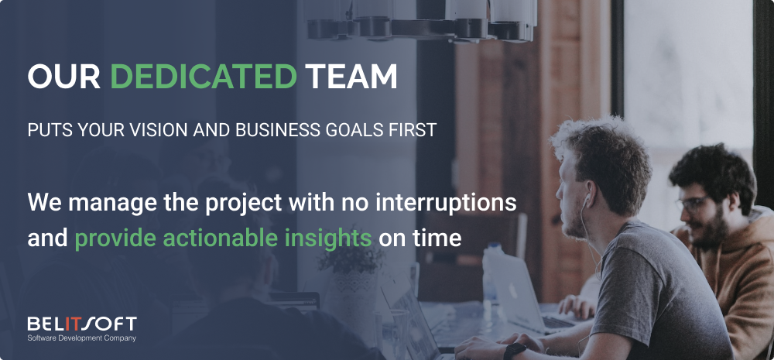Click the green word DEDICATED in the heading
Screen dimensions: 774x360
(204, 77)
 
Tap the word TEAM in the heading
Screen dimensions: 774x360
(351, 77)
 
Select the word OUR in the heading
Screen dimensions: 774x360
(64, 77)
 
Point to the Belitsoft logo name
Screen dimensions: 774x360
(82, 324)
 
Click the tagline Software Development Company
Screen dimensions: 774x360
(81, 338)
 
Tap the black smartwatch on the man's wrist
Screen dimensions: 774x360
(514, 351)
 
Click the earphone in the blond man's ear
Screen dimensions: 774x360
(587, 200)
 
